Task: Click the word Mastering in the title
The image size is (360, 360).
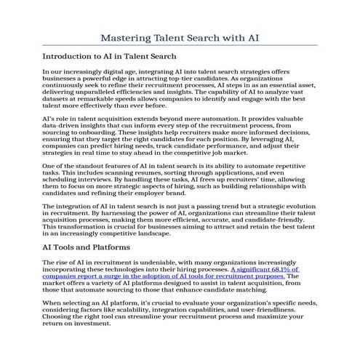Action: coord(126,36)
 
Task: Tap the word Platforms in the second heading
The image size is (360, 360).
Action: coord(108,247)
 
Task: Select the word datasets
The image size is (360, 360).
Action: coord(57,102)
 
